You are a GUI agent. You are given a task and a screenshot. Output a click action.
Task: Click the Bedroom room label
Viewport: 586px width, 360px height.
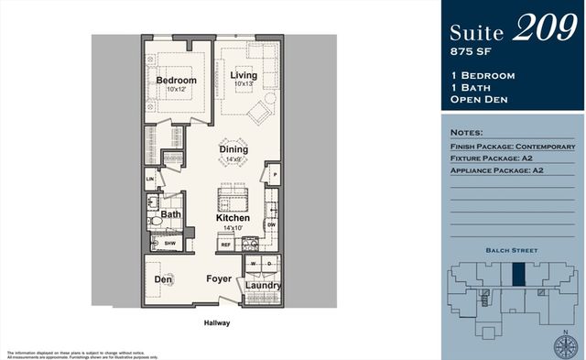tap(176, 81)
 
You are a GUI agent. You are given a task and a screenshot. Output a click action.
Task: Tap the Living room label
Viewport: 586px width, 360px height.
tap(243, 75)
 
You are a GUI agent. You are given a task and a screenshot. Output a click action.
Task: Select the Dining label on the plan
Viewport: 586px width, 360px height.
tap(233, 148)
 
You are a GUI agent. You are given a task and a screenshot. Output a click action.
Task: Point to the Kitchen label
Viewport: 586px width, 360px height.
tap(233, 218)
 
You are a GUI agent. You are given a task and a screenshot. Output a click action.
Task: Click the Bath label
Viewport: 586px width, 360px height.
tap(171, 215)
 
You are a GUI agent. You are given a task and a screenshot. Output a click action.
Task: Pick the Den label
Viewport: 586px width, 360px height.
tap(163, 278)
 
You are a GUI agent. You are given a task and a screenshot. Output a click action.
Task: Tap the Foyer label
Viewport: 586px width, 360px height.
tap(218, 278)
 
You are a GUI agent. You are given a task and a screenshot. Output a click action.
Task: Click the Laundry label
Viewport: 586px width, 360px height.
tap(264, 286)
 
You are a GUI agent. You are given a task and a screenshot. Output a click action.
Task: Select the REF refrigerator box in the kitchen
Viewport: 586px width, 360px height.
tap(225, 245)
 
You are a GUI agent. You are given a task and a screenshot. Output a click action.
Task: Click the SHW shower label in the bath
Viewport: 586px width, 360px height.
tap(169, 244)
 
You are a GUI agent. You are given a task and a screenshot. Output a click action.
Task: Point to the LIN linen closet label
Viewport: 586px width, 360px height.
tap(150, 180)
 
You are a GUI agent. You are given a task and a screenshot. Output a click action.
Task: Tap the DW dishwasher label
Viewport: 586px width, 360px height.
tap(271, 224)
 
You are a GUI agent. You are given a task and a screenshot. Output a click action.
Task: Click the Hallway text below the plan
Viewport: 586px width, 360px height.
tap(217, 322)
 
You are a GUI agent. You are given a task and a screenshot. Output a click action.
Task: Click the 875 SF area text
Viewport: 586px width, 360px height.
tap(470, 50)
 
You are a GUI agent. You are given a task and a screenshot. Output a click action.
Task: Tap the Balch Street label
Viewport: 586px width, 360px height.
tap(512, 249)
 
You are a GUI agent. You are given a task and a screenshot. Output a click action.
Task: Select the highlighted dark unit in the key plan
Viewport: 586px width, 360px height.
tap(518, 275)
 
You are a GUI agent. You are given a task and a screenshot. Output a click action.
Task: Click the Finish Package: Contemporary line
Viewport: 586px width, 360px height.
tap(513, 147)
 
